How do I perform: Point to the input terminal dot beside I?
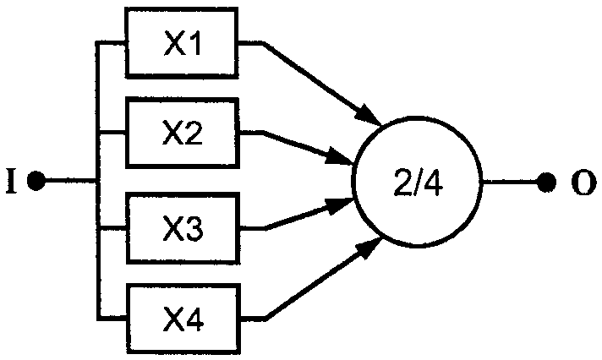(x=36, y=181)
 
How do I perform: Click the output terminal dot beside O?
(x=546, y=182)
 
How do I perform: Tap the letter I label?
(x=12, y=181)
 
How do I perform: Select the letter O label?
(x=584, y=183)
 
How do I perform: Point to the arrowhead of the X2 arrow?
(x=340, y=157)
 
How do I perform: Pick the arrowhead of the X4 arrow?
(x=369, y=248)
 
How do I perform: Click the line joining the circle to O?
(x=509, y=182)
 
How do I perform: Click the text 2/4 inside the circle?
(x=419, y=183)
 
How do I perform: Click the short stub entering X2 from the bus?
(x=113, y=133)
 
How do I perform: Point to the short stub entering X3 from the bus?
(x=113, y=230)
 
